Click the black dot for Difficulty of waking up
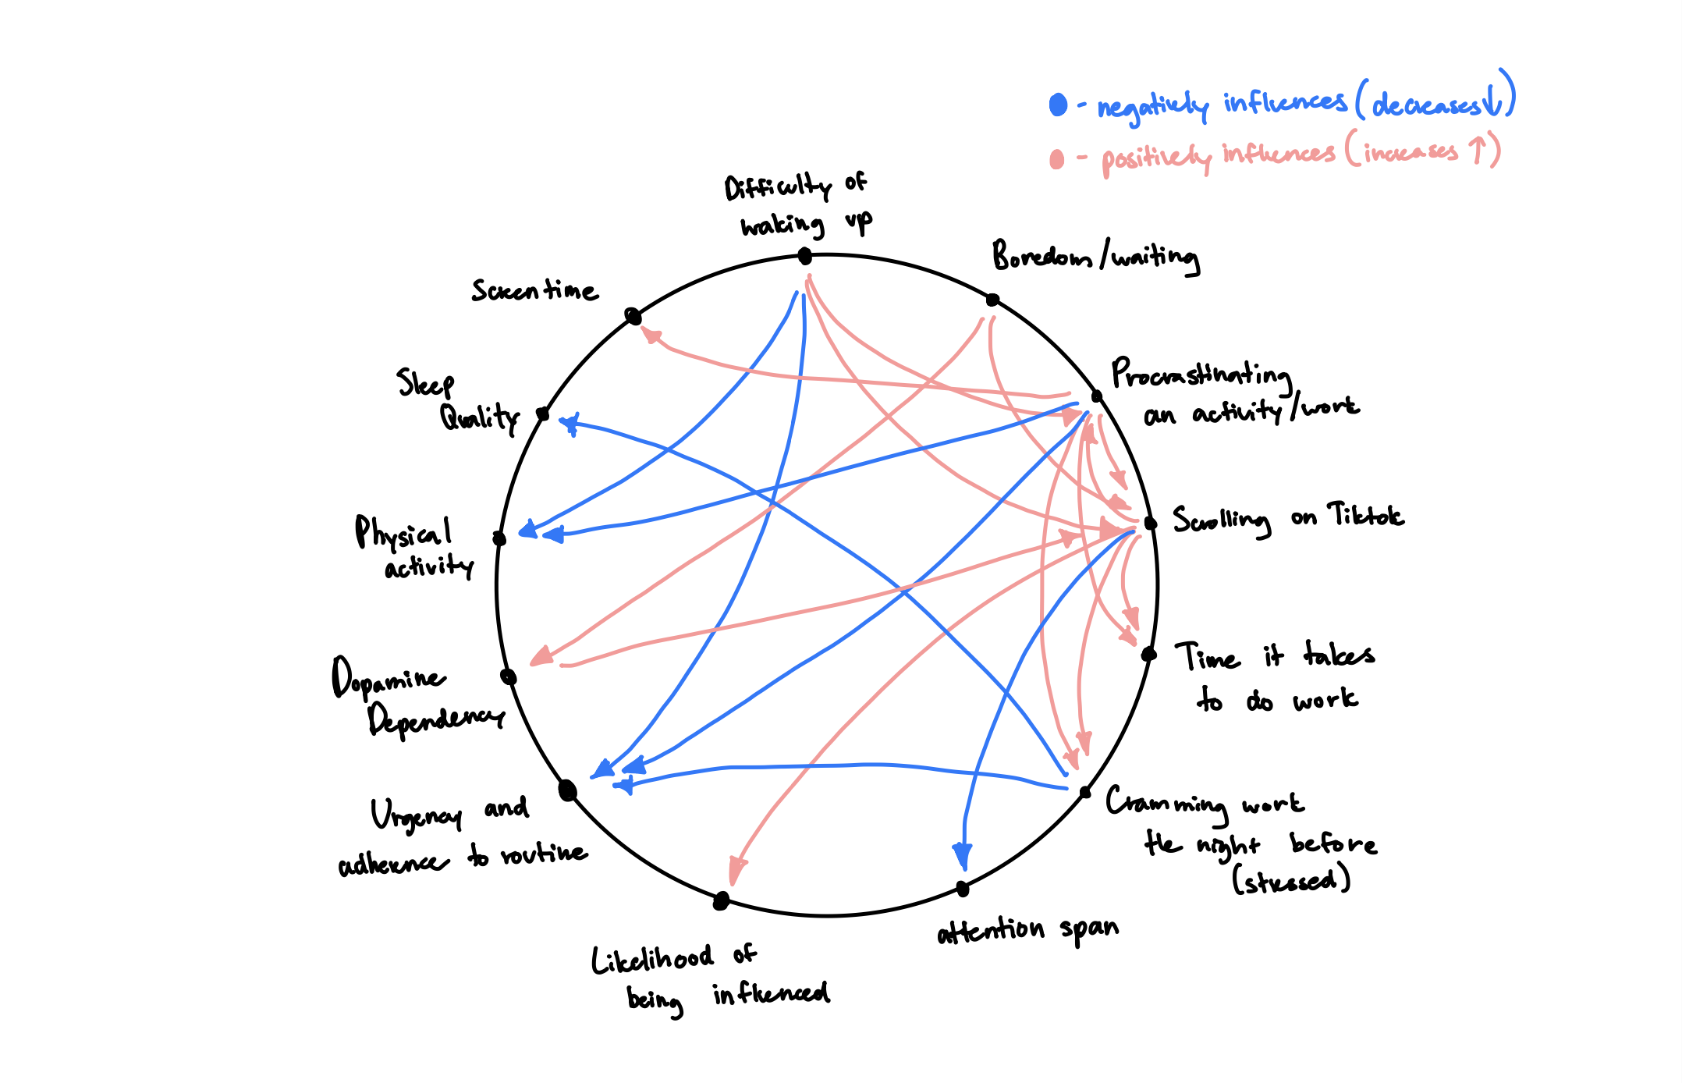(x=805, y=256)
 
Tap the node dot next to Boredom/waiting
(x=992, y=300)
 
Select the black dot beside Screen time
(x=633, y=316)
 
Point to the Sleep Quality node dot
(x=543, y=414)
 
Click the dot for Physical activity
(x=499, y=538)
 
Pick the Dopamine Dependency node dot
(x=508, y=676)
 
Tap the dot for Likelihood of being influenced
(x=722, y=901)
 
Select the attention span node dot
(x=963, y=889)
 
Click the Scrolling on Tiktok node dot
(x=1150, y=523)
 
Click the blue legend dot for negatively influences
(x=1058, y=105)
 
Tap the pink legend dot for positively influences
(x=1057, y=159)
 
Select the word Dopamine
(x=388, y=677)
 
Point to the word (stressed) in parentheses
(x=1291, y=881)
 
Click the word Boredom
(x=1042, y=255)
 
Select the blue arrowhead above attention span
(x=963, y=857)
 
